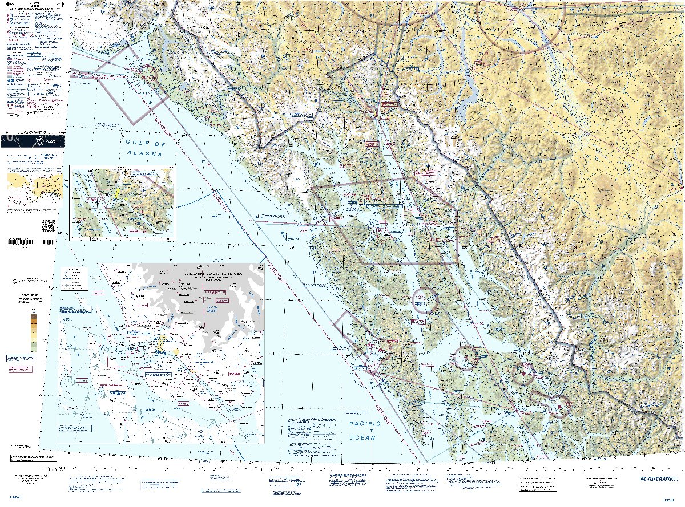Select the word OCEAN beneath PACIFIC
[x=363, y=437]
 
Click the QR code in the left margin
[x=49, y=225]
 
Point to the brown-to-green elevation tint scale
[x=33, y=332]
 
